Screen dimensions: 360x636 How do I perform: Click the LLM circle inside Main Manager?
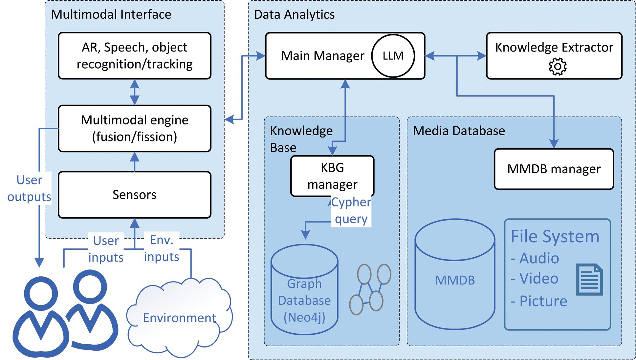[x=393, y=56]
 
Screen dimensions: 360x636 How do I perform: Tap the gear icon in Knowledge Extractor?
[x=557, y=67]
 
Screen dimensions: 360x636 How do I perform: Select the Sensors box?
[x=134, y=195]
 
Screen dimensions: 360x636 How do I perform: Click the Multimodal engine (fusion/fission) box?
[x=134, y=128]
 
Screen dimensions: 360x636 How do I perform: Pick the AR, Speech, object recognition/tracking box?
[x=134, y=55]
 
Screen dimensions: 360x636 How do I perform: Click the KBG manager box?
[x=332, y=176]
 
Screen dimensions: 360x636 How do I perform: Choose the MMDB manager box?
[x=554, y=169]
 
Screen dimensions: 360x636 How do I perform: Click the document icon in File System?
[x=589, y=280]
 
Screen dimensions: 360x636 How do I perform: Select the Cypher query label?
[x=351, y=210]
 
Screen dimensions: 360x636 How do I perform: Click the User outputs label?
[x=29, y=188]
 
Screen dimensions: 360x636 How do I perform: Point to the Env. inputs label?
[x=162, y=248]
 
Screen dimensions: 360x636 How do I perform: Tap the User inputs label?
[x=106, y=249]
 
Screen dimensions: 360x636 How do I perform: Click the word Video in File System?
[x=538, y=279]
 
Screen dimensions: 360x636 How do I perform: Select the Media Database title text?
[x=459, y=131]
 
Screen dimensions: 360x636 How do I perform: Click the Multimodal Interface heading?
[x=111, y=14]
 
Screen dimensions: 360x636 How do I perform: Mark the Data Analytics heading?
[x=294, y=14]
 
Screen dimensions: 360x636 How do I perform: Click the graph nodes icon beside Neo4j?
[x=370, y=289]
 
